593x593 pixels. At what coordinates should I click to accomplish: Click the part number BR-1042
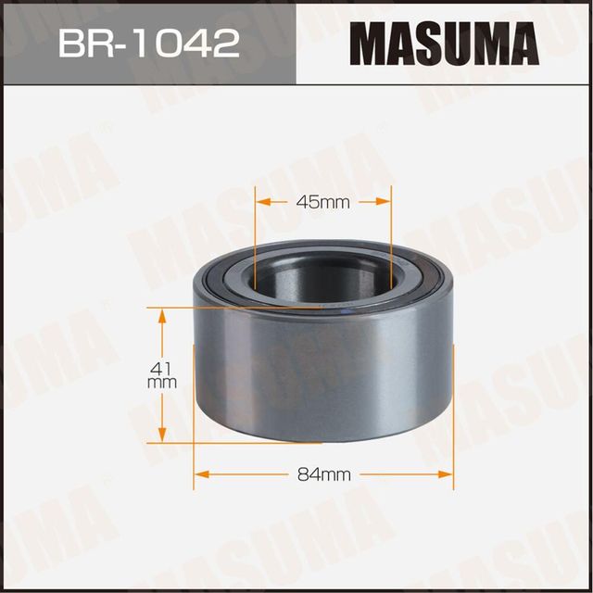(148, 44)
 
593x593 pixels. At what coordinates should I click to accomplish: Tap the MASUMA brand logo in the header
(444, 44)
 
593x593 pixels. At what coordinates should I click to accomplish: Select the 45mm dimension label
(323, 202)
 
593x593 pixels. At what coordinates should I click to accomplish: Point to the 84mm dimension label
(323, 474)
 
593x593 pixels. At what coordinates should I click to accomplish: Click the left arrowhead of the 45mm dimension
(262, 202)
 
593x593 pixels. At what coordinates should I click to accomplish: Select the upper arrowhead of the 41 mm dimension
(163, 316)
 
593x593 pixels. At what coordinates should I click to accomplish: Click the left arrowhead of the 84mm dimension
(199, 474)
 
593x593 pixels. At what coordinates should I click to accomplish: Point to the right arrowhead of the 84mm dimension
(448, 474)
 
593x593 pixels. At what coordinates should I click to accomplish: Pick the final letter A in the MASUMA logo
(522, 44)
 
